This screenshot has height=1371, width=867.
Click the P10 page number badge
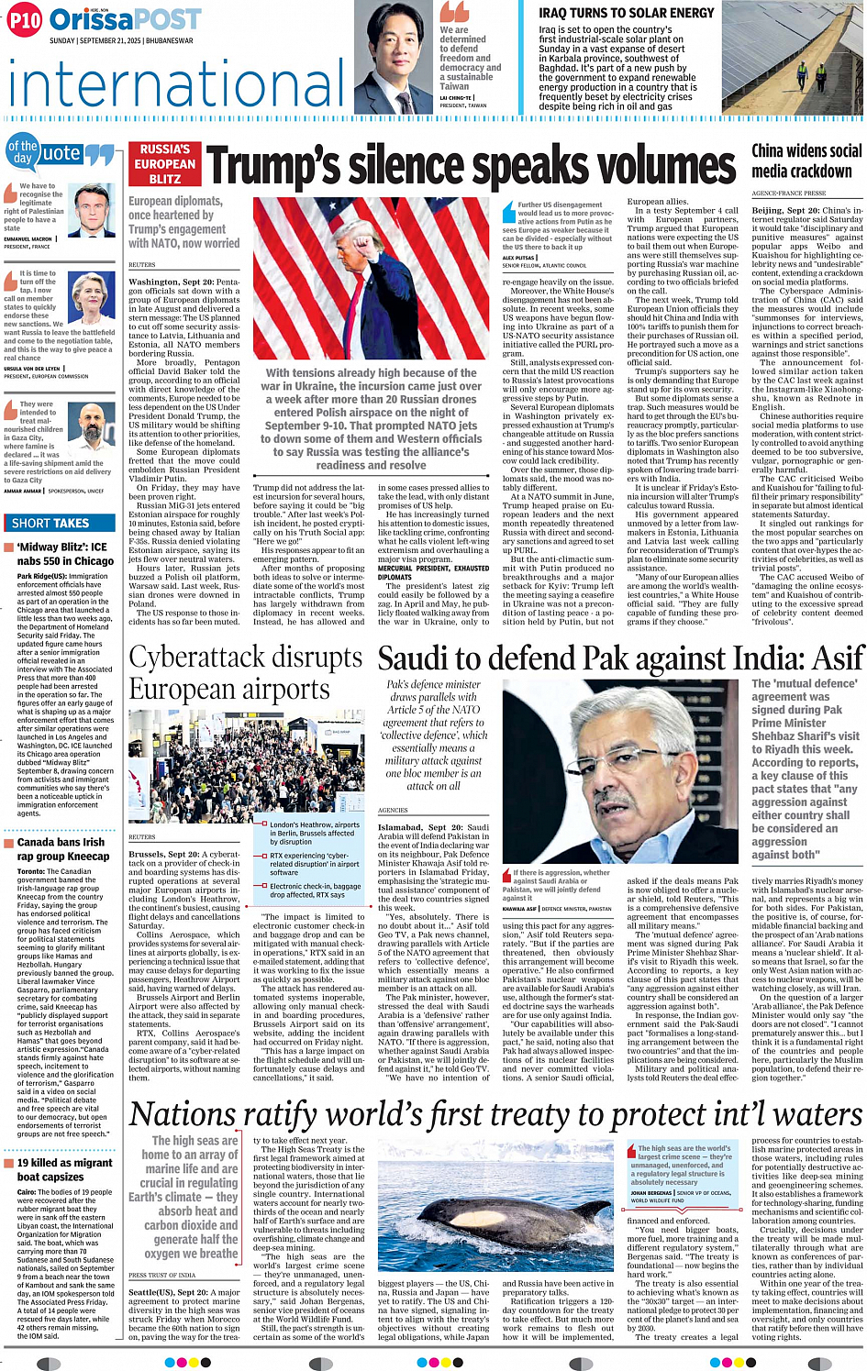25,20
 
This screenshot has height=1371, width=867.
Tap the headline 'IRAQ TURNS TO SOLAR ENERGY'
626,13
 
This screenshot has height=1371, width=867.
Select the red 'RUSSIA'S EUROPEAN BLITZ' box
164,164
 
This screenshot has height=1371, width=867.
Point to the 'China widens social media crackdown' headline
806,160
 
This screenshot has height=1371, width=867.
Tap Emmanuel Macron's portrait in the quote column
91,210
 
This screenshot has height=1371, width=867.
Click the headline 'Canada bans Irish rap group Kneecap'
61,848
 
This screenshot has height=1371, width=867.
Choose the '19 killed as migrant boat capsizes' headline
64,1169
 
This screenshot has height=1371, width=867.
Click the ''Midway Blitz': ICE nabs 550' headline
65,554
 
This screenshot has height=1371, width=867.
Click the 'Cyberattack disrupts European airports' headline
246,672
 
